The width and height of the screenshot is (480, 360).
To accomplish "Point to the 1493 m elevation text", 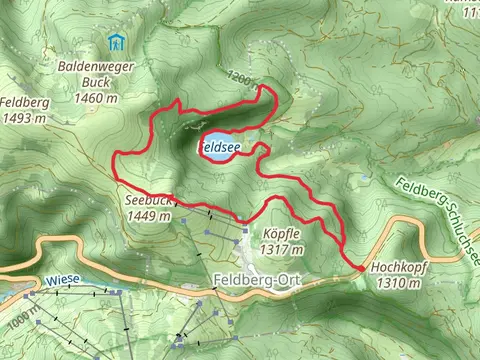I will [x=24, y=118].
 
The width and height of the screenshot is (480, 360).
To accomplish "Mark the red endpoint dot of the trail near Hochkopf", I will [x=358, y=268].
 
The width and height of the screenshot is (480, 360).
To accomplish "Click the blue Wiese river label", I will [x=63, y=282].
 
